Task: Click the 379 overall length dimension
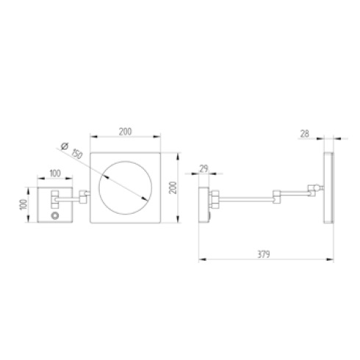(x=264, y=254)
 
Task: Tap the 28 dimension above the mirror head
(x=305, y=134)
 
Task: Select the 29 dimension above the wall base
(x=204, y=168)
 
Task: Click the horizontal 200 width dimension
(x=125, y=132)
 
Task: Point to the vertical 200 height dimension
(x=173, y=188)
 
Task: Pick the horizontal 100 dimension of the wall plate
(x=55, y=173)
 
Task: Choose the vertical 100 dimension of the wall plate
(x=24, y=204)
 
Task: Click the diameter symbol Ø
(x=65, y=146)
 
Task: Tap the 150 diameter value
(x=77, y=154)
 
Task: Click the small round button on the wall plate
(x=54, y=216)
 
